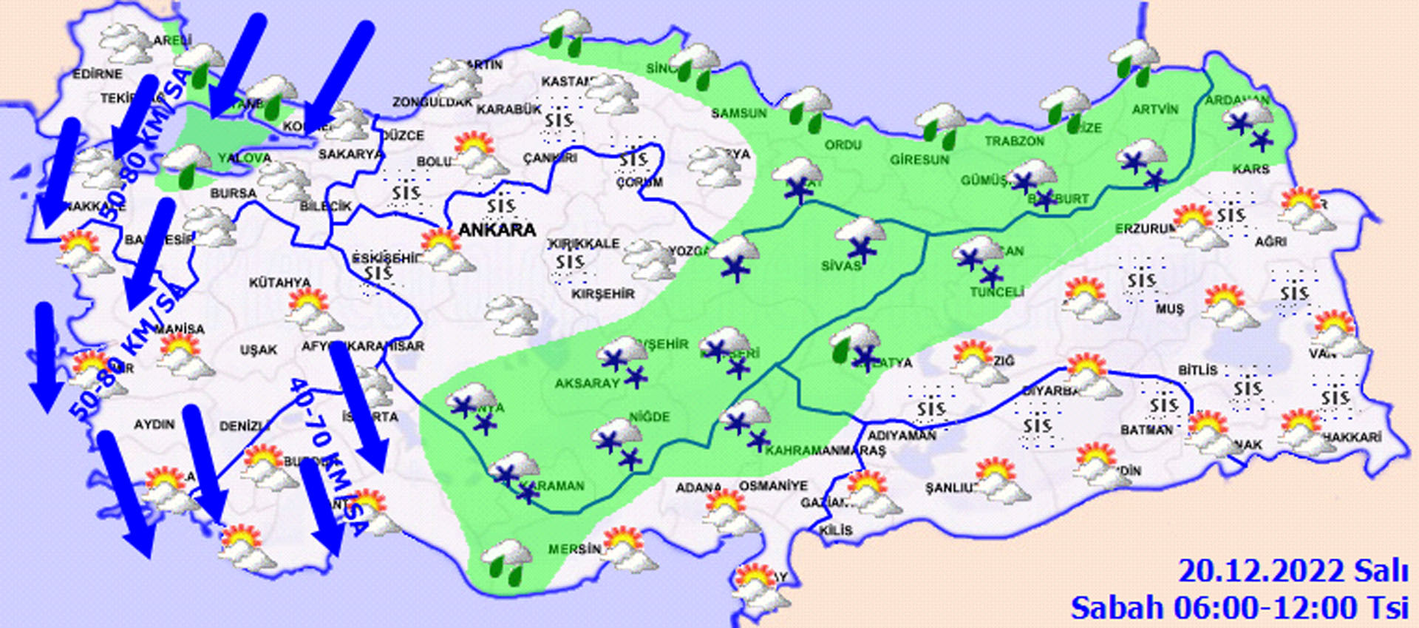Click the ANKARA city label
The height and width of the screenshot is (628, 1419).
tap(497, 230)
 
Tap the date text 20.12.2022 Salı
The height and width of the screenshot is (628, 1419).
tap(1293, 572)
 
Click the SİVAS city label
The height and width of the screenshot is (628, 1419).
tap(841, 266)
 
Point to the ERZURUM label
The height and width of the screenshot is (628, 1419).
tap(1144, 229)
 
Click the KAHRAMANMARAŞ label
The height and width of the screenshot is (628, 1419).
tap(825, 450)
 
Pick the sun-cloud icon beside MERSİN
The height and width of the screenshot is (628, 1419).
tap(627, 548)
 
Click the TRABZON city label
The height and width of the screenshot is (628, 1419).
tap(1014, 141)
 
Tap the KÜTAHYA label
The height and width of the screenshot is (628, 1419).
tap(279, 283)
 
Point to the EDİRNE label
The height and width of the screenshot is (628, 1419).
tap(98, 74)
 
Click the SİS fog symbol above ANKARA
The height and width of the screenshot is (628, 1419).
tap(500, 205)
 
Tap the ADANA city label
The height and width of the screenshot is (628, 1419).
tap(698, 487)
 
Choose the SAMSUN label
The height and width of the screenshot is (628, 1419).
tap(738, 113)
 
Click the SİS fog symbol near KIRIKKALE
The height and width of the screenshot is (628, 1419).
tap(570, 262)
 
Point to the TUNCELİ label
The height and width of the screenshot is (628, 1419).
tap(996, 292)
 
